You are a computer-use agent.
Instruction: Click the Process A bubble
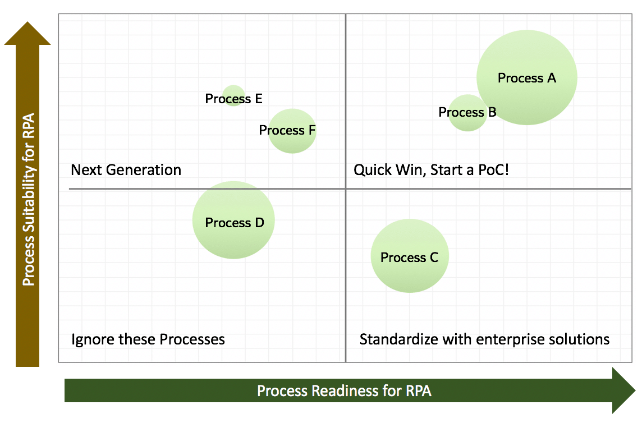pyautogui.click(x=527, y=77)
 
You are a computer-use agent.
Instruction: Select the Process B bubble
pyautogui.click(x=467, y=113)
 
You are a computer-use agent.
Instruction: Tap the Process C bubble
pyautogui.click(x=410, y=256)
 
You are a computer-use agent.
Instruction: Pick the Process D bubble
pyautogui.click(x=233, y=220)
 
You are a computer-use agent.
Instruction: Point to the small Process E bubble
pyautogui.click(x=233, y=95)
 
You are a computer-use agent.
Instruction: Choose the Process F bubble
pyautogui.click(x=292, y=131)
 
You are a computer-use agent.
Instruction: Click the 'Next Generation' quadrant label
pyautogui.click(x=126, y=170)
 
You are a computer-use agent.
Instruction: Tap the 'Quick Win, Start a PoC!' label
pyautogui.click(x=431, y=170)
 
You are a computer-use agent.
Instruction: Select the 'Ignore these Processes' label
pyautogui.click(x=148, y=339)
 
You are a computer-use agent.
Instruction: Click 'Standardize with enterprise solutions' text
pyautogui.click(x=484, y=339)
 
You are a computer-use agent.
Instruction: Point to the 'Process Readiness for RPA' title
pyautogui.click(x=344, y=390)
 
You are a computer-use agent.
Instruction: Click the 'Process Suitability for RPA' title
pyautogui.click(x=29, y=199)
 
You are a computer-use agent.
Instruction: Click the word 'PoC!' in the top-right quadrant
pyautogui.click(x=493, y=169)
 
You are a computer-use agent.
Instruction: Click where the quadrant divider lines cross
pyautogui.click(x=346, y=188)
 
